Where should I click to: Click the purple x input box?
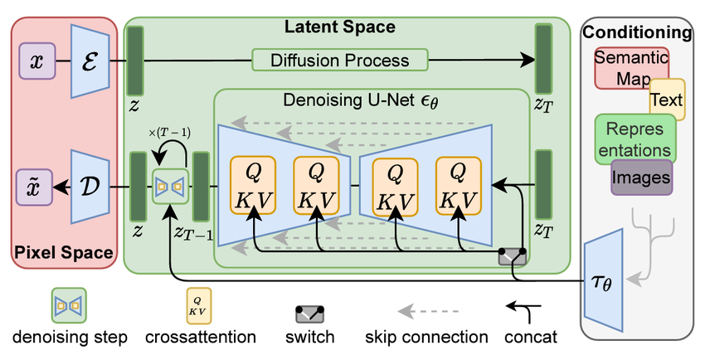(x=38, y=61)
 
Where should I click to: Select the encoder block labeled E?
(x=90, y=61)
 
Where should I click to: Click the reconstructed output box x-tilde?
(x=36, y=185)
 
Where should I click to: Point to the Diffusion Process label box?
(x=339, y=61)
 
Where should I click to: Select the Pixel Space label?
(x=65, y=251)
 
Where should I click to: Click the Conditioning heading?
(x=636, y=33)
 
